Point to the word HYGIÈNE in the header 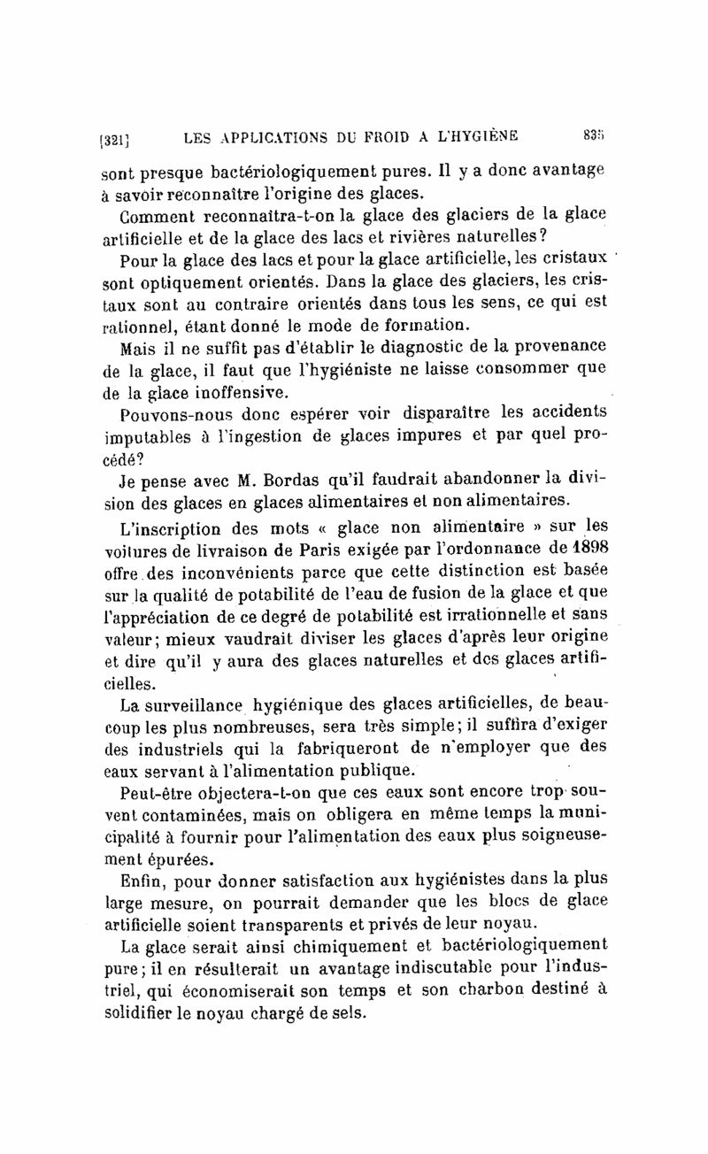point(479,135)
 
